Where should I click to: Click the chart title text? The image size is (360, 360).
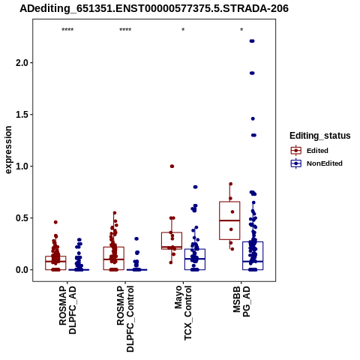[154, 8]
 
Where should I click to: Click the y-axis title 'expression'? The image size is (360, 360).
[8, 150]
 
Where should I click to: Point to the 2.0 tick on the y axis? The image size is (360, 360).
[22, 63]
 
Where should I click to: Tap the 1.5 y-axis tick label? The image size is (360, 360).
[22, 115]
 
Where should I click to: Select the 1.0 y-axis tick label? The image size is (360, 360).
[22, 166]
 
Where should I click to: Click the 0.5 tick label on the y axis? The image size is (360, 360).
[22, 218]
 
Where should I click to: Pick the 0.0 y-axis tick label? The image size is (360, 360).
[22, 270]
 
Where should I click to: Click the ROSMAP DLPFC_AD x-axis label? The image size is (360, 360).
[67, 310]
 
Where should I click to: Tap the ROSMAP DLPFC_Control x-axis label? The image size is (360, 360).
[125, 319]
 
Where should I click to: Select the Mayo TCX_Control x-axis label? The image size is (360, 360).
[183, 313]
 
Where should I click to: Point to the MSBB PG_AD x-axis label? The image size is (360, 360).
[241, 301]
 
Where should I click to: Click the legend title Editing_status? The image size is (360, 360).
[320, 136]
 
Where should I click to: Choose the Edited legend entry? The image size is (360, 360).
[309, 151]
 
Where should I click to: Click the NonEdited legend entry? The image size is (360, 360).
[316, 163]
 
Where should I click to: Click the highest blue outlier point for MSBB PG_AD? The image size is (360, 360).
[252, 41]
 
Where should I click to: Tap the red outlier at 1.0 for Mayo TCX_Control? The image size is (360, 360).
[172, 166]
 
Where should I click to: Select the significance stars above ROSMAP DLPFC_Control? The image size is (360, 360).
[125, 30]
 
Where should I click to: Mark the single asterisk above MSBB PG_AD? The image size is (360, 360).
[241, 30]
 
